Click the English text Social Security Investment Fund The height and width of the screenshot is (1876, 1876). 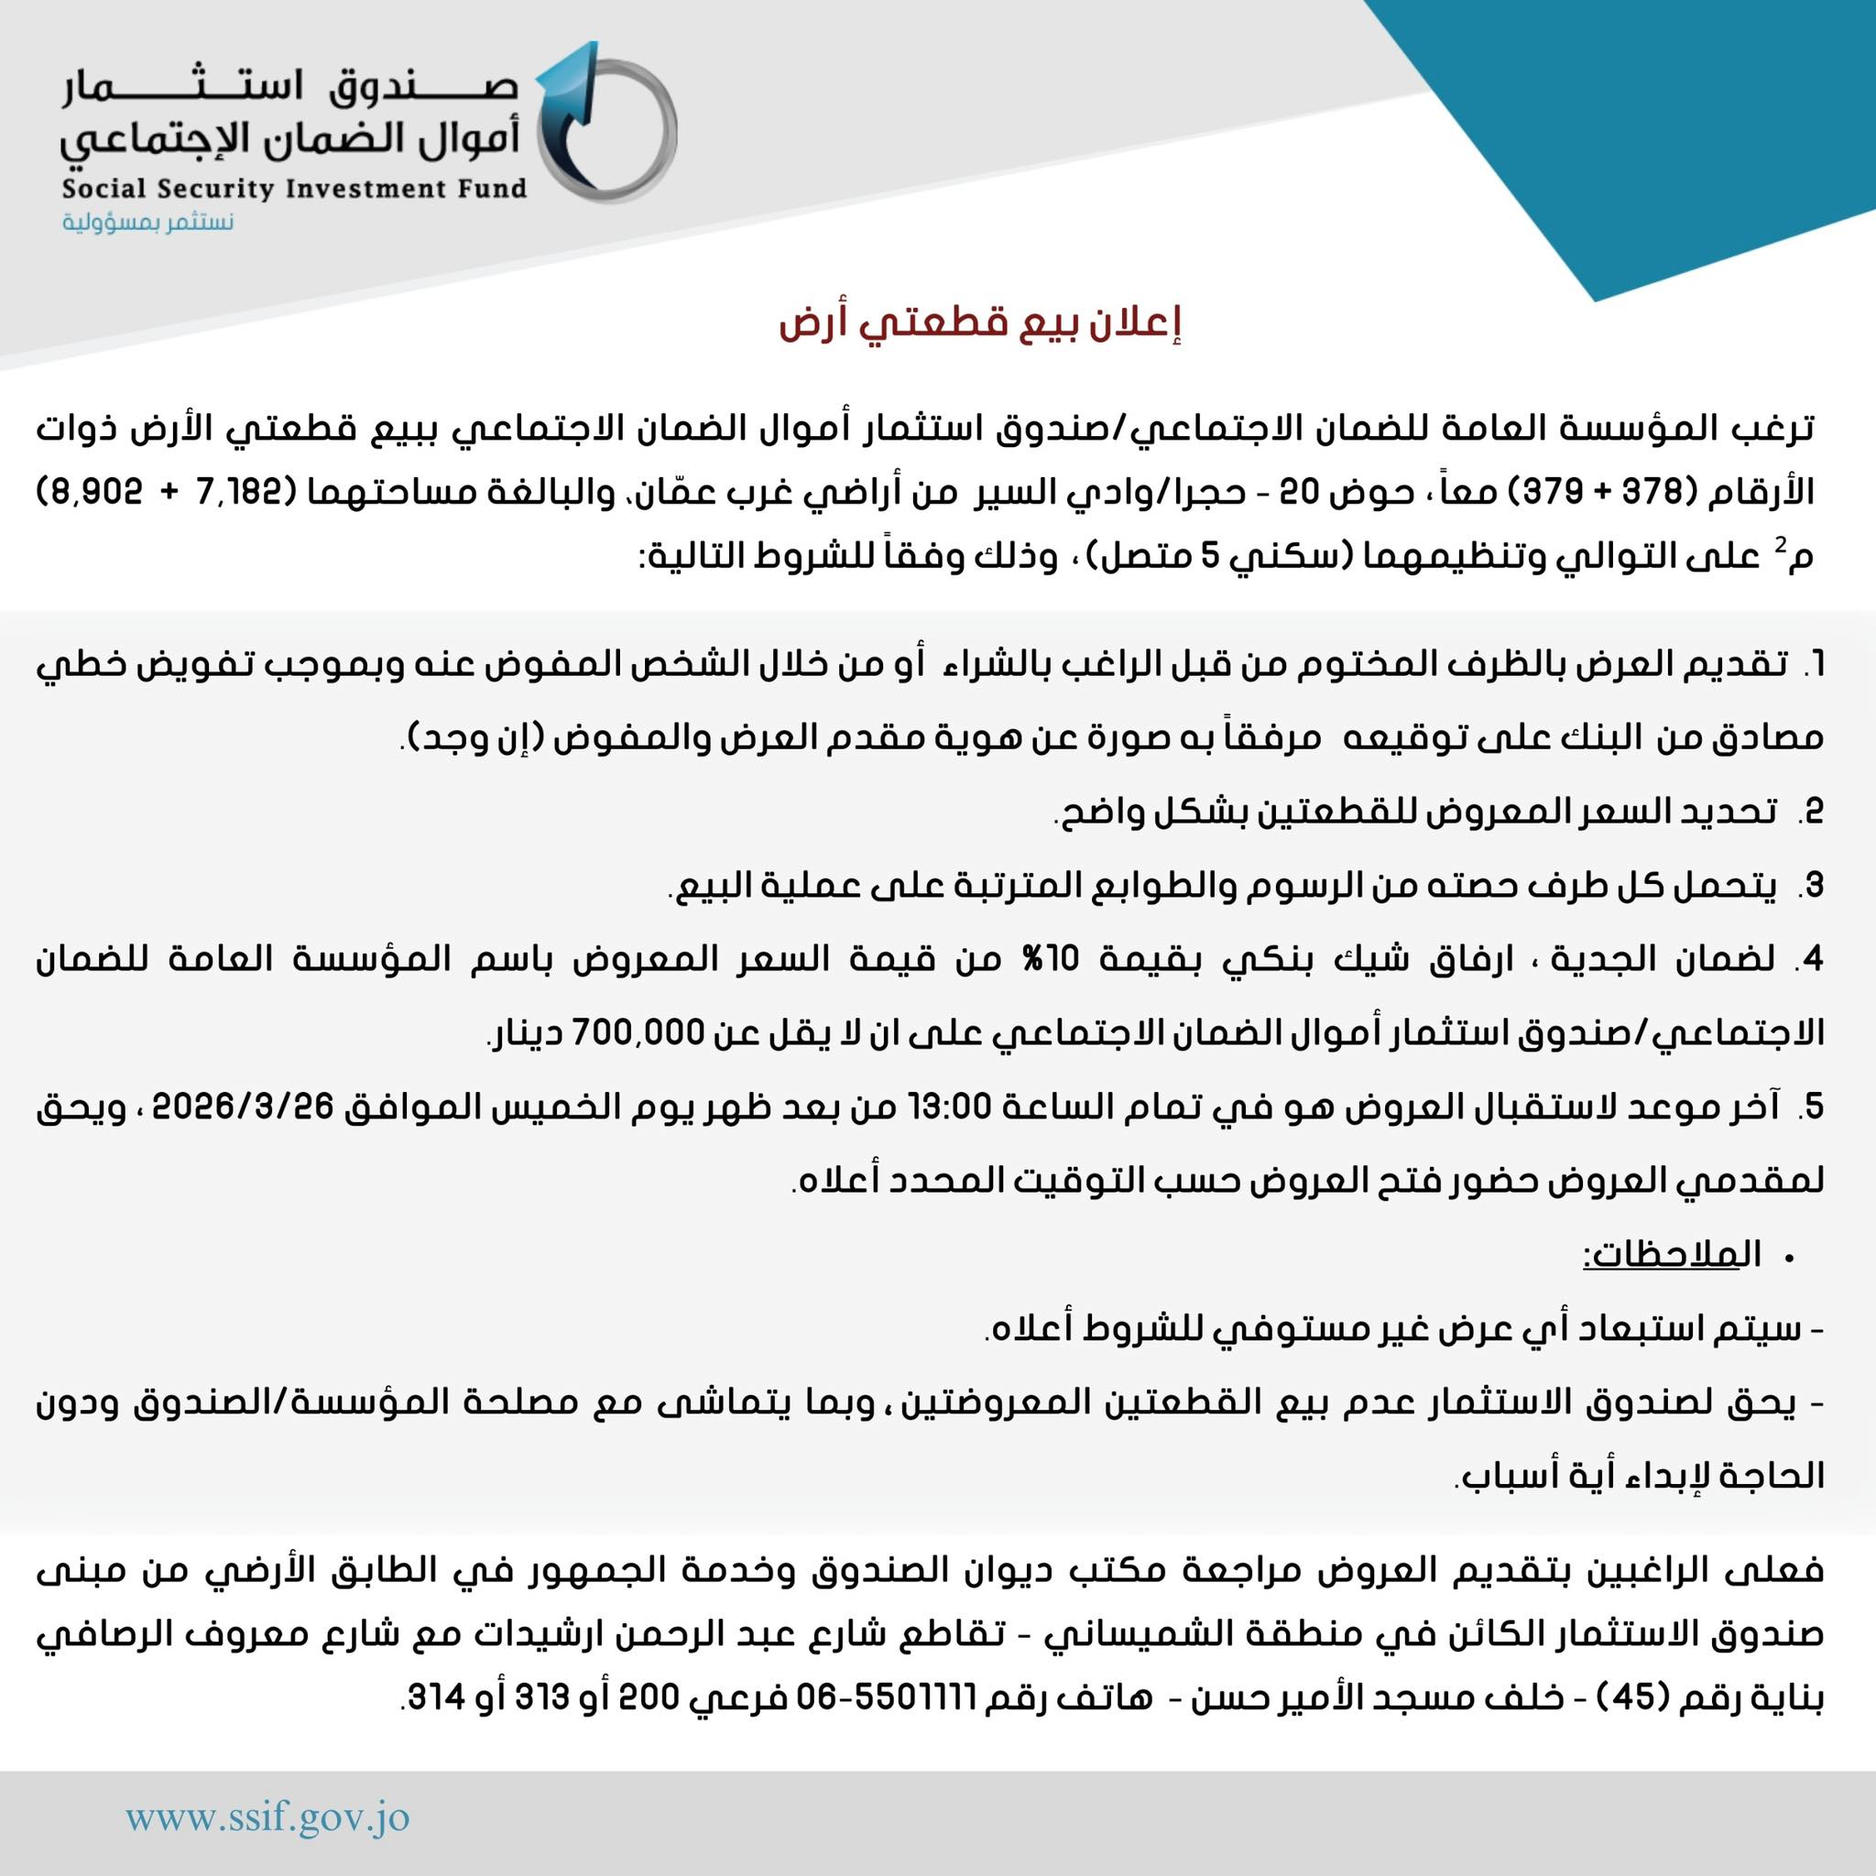click(x=294, y=188)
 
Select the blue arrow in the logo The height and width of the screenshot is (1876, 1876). click(x=573, y=116)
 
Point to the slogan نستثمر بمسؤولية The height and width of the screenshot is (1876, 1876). click(x=148, y=223)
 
